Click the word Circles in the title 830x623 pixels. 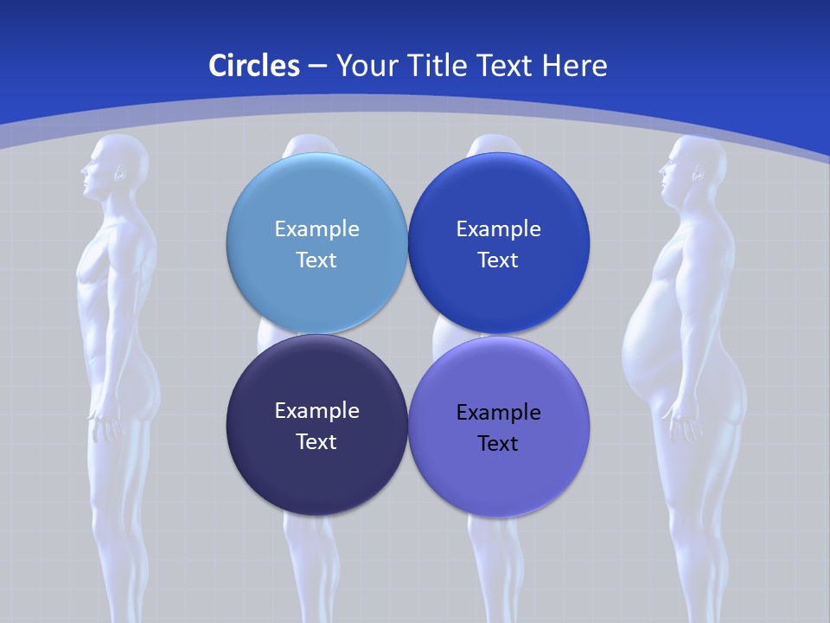253,66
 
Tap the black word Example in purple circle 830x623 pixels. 498,413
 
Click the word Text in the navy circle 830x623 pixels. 316,441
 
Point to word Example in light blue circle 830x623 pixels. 316,229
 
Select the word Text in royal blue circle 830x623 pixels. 498,260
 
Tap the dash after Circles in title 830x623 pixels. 316,66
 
